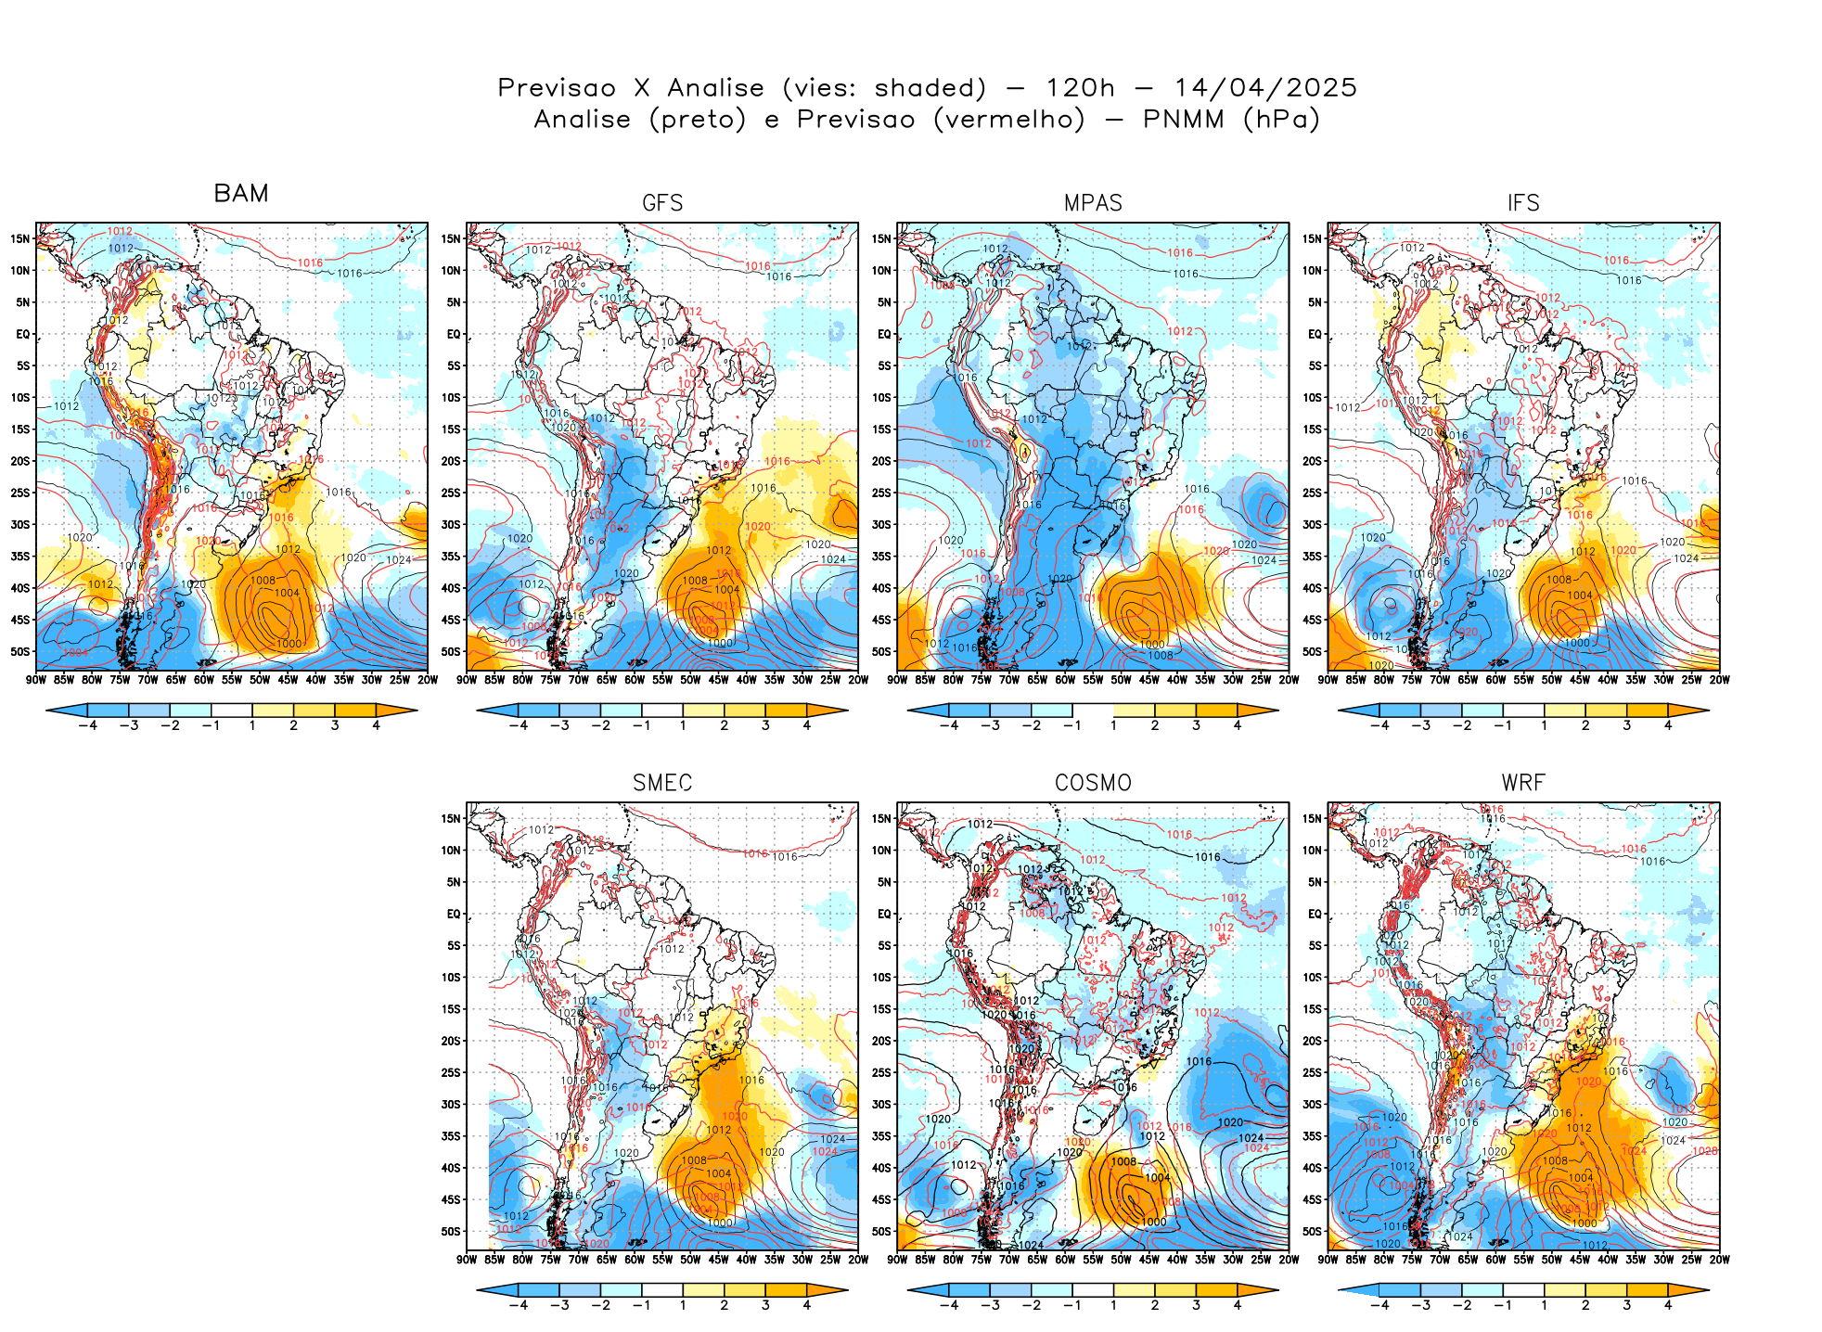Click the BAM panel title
point(241,194)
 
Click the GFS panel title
point(662,203)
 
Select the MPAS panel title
point(1093,203)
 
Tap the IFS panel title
point(1523,203)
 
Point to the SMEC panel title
point(662,783)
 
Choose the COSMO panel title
point(1093,783)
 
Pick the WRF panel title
point(1523,783)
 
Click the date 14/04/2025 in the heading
point(1265,88)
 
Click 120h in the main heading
point(1080,88)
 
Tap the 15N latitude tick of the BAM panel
point(20,238)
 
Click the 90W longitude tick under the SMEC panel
point(467,1260)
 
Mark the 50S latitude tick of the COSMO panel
point(882,1231)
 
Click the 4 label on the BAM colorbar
point(376,725)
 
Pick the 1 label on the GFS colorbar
point(683,725)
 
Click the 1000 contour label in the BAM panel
point(289,643)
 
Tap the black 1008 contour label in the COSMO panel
point(1123,1161)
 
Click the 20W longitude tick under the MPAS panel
point(1289,680)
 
